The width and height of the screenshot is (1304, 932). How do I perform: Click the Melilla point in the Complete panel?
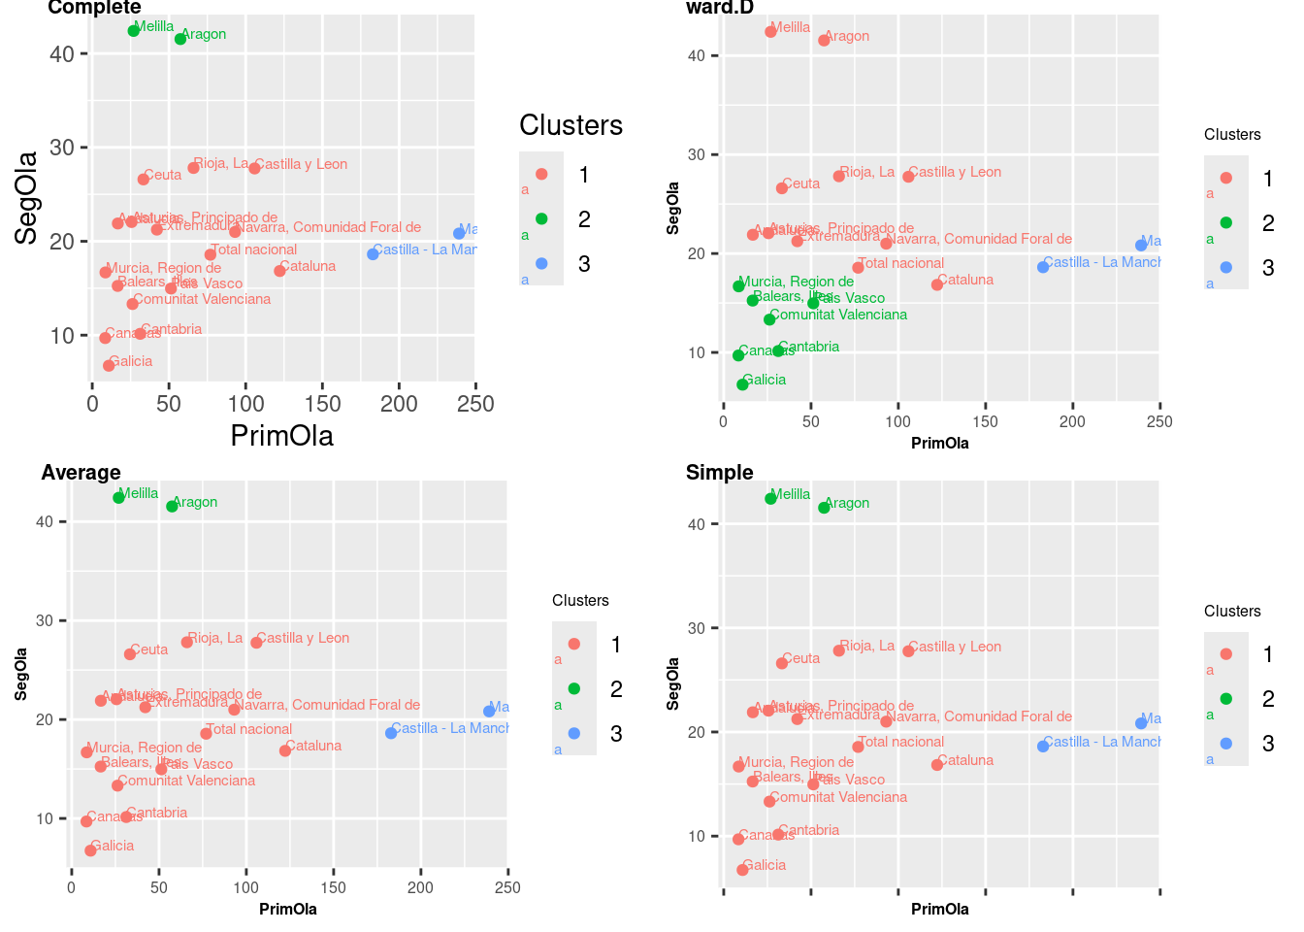point(134,31)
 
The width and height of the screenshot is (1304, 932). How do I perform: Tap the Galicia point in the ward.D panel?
point(742,384)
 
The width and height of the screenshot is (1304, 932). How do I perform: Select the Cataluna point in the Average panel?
point(285,750)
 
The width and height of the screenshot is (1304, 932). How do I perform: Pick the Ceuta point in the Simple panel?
point(782,663)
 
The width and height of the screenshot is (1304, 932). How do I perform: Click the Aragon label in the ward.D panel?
point(847,37)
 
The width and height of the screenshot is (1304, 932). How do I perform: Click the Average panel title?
point(81,473)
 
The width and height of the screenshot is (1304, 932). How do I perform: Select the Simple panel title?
point(719,473)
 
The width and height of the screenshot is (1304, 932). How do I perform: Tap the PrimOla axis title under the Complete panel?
point(281,436)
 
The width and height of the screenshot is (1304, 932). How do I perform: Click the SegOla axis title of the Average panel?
point(21,675)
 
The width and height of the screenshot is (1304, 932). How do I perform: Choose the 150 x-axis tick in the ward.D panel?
point(985,421)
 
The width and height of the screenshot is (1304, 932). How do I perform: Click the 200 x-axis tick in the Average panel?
point(420,887)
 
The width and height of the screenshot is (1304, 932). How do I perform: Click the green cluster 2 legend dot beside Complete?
point(541,219)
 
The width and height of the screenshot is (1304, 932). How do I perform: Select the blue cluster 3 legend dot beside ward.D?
point(1226,268)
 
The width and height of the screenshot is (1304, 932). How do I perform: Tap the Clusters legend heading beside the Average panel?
point(580,601)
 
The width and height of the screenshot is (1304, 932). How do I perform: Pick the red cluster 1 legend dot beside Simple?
point(1226,654)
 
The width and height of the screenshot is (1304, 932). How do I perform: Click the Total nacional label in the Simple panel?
point(901,742)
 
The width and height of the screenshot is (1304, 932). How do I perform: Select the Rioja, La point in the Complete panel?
point(193,168)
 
